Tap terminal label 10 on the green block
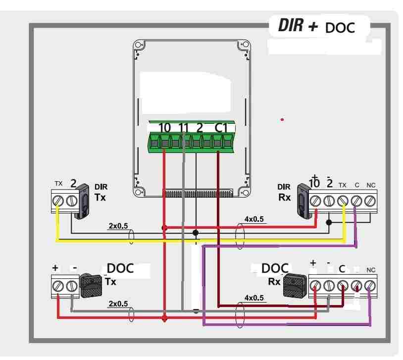(164, 128)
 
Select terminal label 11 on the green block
(183, 128)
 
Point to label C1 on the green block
(221, 128)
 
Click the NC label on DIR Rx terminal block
(371, 185)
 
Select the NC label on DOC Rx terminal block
(371, 270)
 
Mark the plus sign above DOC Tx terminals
(55, 268)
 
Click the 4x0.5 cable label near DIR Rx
(254, 218)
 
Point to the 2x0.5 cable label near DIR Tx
(118, 226)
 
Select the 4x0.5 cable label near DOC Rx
(254, 298)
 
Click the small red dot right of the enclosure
(282, 119)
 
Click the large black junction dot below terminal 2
(196, 232)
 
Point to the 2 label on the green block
(200, 128)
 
